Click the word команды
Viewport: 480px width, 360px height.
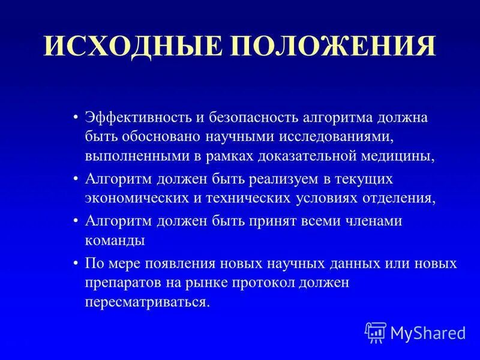point(115,241)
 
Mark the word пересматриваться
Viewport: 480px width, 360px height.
point(147,302)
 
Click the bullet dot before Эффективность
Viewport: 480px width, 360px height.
point(76,116)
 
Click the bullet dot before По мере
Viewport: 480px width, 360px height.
point(76,263)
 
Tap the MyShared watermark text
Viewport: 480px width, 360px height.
point(428,332)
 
